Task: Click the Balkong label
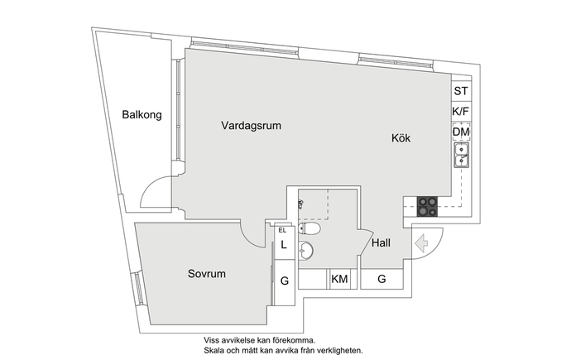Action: coord(142,115)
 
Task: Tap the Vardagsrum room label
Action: coord(252,126)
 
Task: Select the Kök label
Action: coord(401,138)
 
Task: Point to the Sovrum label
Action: coord(207,273)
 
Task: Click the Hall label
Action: coord(381,242)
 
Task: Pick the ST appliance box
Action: coord(462,91)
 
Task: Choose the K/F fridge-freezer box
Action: coord(462,111)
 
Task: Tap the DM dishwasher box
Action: coord(462,132)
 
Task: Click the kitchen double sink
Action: coord(462,155)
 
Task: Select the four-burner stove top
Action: coord(427,206)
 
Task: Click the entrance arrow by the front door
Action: coord(421,242)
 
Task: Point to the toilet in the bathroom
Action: coord(309,229)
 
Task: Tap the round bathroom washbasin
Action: coord(305,251)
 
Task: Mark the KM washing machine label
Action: coord(339,279)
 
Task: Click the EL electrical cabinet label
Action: coord(282,230)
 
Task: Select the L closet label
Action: coord(284,245)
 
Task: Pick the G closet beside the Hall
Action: coord(381,279)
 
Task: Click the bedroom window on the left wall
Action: coord(137,287)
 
